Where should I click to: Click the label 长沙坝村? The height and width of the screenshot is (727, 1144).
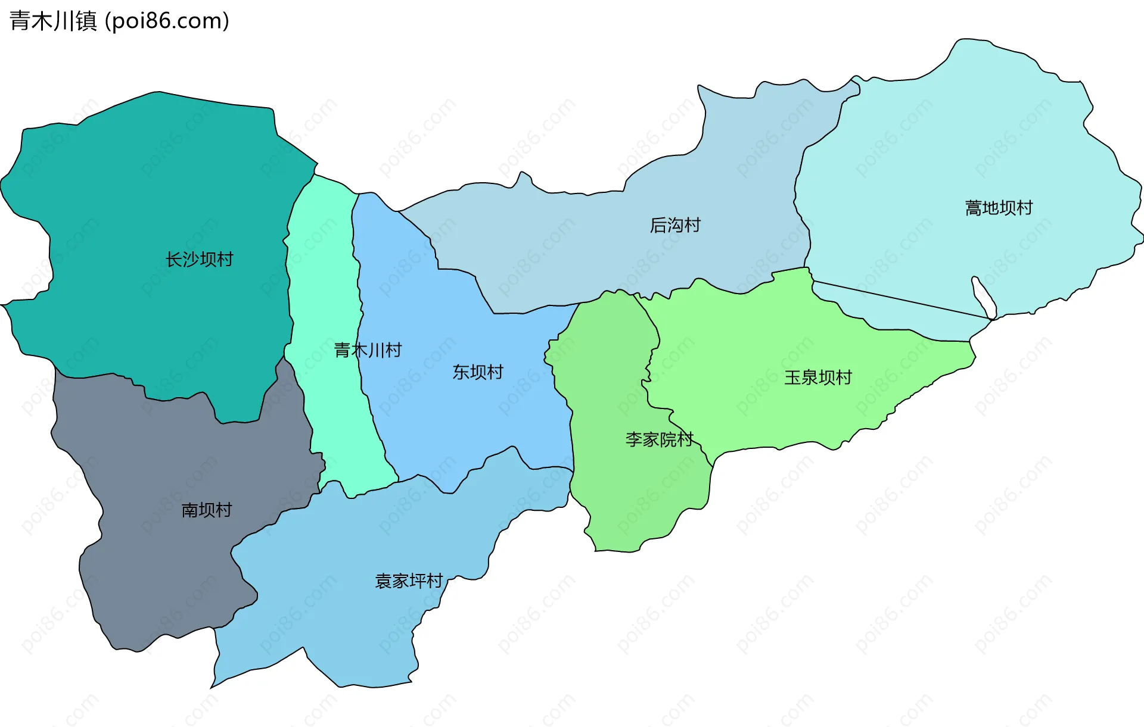click(x=199, y=260)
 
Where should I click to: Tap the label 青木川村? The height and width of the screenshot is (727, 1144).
click(x=368, y=350)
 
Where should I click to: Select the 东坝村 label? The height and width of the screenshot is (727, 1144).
click(x=478, y=372)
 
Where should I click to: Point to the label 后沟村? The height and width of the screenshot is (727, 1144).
click(x=675, y=225)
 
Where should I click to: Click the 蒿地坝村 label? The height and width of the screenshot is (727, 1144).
click(x=999, y=208)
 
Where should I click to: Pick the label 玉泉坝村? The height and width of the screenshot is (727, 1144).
click(x=817, y=377)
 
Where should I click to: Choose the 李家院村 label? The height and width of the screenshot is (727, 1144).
click(x=659, y=439)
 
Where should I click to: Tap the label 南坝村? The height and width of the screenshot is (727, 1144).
click(x=206, y=510)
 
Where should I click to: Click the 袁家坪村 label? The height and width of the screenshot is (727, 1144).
click(x=409, y=581)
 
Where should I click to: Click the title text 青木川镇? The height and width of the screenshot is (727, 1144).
click(x=53, y=21)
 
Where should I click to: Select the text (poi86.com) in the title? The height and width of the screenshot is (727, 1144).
click(x=167, y=21)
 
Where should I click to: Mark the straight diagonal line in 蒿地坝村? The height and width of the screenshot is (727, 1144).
click(x=900, y=299)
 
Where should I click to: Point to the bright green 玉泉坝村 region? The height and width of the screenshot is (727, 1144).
click(x=775, y=333)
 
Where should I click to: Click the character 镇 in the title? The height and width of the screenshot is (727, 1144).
click(x=86, y=21)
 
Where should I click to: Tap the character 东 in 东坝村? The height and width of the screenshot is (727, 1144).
click(x=461, y=372)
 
